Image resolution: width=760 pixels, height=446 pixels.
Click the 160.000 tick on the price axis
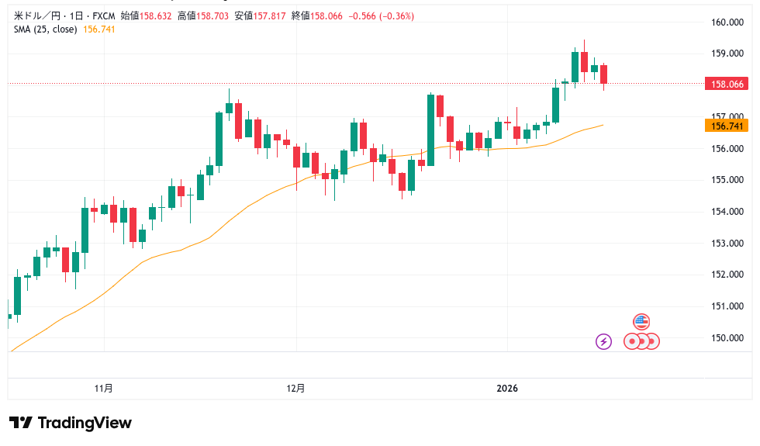pos(727,22)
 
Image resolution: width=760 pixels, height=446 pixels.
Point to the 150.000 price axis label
pos(727,337)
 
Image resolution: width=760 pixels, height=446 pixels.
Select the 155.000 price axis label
pos(727,180)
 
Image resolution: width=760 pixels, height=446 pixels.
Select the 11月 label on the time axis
pos(103,388)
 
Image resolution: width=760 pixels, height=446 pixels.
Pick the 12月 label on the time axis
pos(295,388)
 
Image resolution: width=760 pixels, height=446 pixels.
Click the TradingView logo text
pos(85,423)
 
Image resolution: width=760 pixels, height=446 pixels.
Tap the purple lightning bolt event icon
pos(603,341)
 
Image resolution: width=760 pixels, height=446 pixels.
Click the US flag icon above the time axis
pos(641,321)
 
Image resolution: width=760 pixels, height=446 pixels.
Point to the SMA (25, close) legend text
pos(44,29)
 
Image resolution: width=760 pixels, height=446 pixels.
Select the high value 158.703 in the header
pos(209,16)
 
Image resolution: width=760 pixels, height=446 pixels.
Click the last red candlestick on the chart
pos(604,74)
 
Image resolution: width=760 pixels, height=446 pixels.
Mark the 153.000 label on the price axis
pos(727,243)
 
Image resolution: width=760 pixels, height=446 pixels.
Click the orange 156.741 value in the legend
pos(98,29)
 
